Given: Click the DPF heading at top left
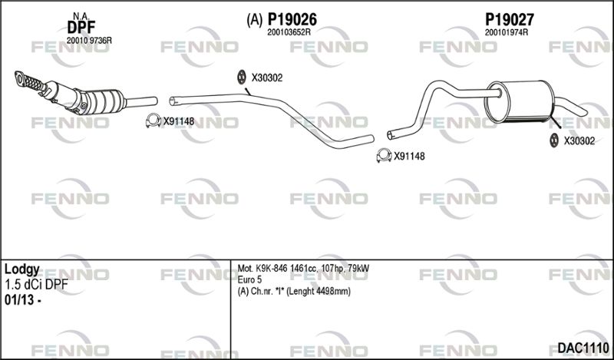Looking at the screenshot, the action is (81, 28).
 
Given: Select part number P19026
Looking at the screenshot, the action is (292, 19).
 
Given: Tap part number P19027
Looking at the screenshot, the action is (510, 19).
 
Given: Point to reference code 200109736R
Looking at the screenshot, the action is (89, 41).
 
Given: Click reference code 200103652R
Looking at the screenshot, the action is (289, 33).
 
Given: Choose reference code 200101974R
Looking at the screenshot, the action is (507, 33).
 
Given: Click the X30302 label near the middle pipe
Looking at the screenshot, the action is (266, 78).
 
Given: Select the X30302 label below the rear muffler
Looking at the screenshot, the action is (579, 141).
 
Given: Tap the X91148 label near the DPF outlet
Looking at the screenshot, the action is (179, 121).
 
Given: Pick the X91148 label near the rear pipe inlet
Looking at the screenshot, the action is (409, 157).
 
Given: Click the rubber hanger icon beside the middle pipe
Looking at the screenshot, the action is (242, 77).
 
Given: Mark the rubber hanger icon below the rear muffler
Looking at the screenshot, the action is (553, 140).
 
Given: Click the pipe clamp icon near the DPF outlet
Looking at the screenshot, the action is (153, 121).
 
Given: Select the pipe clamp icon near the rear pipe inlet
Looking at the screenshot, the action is (385, 156).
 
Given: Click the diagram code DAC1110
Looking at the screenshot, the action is (583, 348).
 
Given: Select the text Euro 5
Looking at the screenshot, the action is (250, 280).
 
